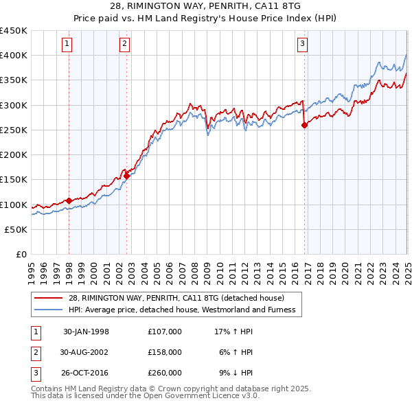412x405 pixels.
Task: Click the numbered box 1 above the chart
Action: tap(67, 45)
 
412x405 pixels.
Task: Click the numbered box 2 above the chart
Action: tap(124, 45)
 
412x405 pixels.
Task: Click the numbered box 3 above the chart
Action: tap(302, 45)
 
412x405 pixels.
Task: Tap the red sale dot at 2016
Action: tap(305, 125)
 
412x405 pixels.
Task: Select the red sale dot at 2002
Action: tap(127, 176)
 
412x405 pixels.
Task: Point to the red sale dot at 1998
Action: tap(69, 201)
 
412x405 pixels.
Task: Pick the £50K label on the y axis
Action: tap(16, 229)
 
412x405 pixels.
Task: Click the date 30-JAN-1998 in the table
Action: tap(86, 332)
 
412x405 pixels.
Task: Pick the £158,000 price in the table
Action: tap(164, 352)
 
